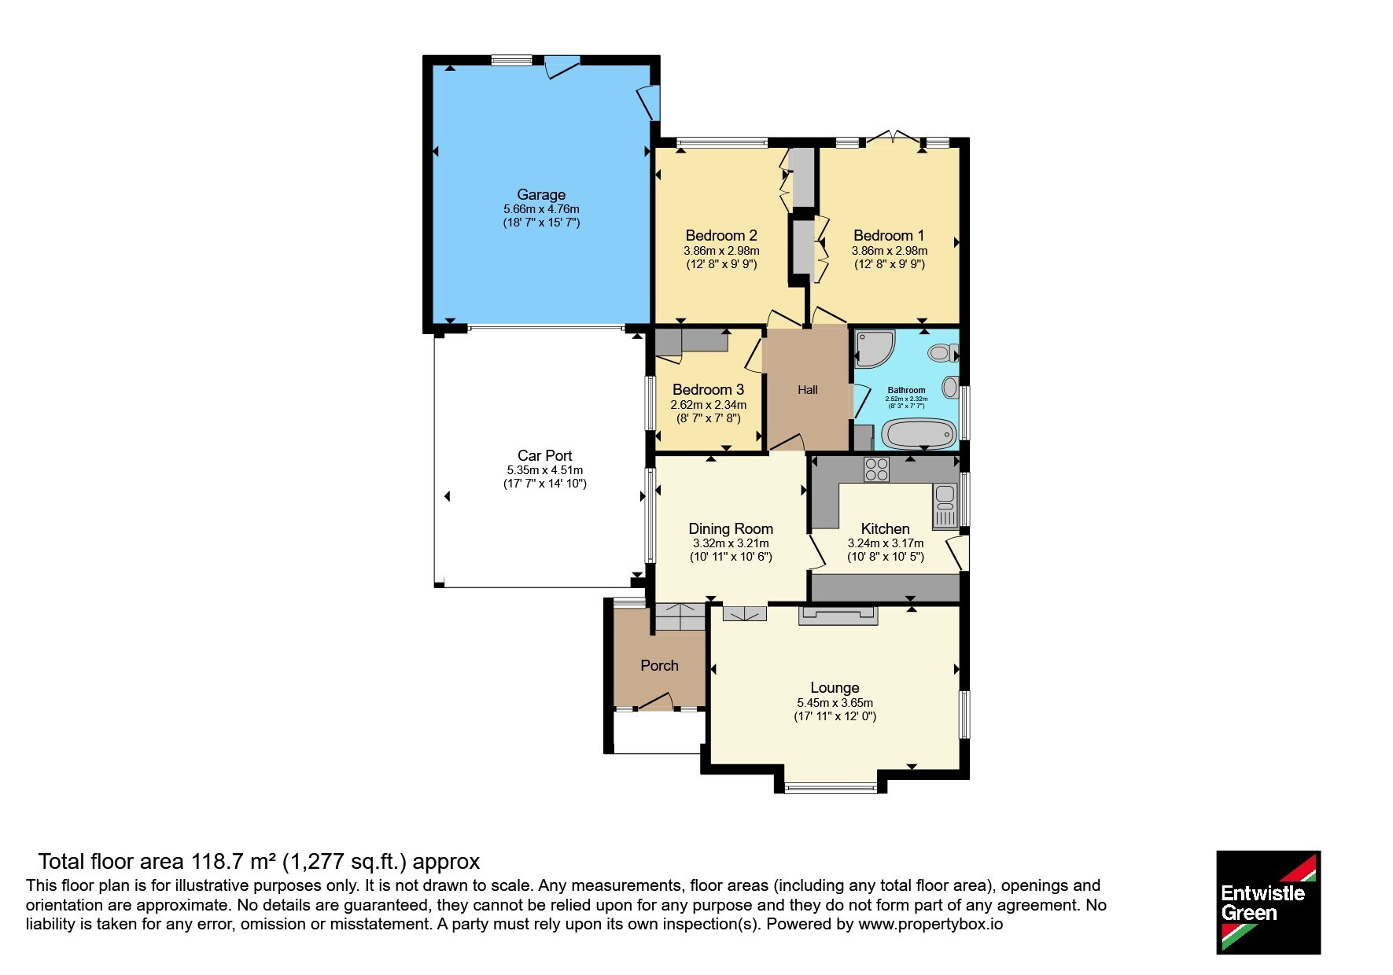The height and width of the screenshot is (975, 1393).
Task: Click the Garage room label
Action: point(541,194)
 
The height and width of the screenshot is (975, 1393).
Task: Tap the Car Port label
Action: point(544,455)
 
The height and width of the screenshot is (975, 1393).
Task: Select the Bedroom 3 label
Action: point(708,389)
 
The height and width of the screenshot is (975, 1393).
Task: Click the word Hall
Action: point(808,389)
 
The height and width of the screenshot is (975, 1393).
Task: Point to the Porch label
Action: point(659,665)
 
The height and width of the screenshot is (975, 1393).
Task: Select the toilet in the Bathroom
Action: point(941,353)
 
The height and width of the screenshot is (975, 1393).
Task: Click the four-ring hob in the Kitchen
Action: point(876,469)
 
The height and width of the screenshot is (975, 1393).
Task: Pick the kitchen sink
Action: point(944,506)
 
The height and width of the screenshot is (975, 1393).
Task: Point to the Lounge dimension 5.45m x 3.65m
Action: point(835,703)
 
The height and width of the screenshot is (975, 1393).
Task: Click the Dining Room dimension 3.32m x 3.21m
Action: point(731,543)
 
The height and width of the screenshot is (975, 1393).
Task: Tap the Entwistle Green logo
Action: point(1268,903)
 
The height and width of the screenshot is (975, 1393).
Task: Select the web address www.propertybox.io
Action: point(931,925)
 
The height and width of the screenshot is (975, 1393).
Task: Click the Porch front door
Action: point(655,701)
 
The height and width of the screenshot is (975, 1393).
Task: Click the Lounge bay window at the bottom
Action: point(831,787)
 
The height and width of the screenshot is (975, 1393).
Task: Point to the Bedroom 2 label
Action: point(721,235)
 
